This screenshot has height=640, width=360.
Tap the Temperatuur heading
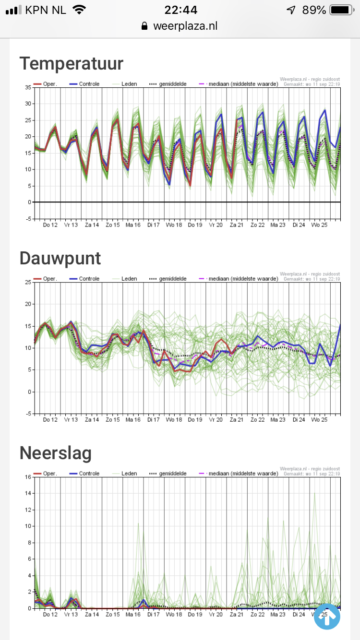coord(72,63)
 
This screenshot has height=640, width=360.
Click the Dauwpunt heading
coord(60,258)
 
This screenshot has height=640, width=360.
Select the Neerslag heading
coord(56,453)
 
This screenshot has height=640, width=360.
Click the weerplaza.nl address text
coord(185,26)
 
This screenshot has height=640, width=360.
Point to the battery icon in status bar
coord(341,10)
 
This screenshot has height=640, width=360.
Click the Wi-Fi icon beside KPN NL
coord(79,10)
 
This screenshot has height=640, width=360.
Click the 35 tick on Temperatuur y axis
coord(28,87)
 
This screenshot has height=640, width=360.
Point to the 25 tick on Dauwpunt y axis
coord(28,282)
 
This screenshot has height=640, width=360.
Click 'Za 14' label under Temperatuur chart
coord(92,225)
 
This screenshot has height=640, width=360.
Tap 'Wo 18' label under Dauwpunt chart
coord(174,419)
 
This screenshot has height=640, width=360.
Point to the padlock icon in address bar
coord(144,26)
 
